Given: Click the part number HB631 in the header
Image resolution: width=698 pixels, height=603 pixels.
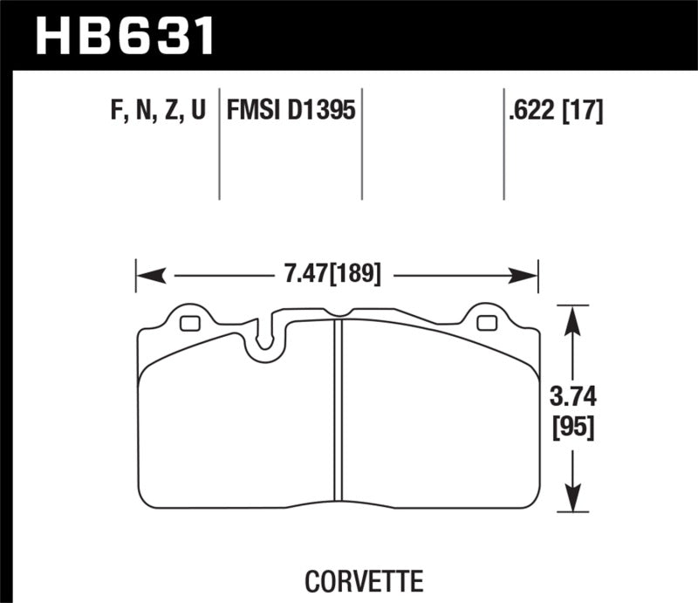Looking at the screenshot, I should pos(123,35).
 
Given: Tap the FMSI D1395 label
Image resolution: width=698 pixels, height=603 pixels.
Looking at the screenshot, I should pos(291,111).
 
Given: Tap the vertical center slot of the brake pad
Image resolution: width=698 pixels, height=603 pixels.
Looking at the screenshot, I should pos(338,410).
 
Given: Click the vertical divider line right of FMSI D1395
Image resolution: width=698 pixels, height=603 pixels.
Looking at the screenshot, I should pos(362,144).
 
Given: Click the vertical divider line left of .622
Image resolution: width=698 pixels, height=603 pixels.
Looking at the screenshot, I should pos(503,144).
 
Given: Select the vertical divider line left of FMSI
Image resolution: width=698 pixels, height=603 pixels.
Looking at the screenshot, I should pos(218,144).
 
